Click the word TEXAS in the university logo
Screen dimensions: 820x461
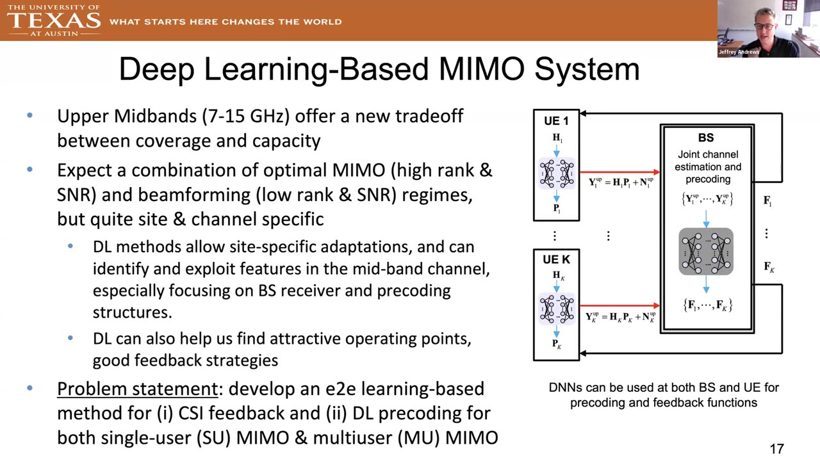(x=53, y=20)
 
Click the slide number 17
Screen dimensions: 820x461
(x=777, y=449)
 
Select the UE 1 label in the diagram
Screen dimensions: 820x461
(x=556, y=121)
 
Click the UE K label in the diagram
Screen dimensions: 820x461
(x=556, y=259)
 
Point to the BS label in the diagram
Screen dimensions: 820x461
(x=706, y=138)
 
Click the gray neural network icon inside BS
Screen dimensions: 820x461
(x=706, y=252)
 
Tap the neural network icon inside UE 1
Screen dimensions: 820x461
(x=557, y=174)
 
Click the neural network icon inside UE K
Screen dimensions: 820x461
(x=557, y=309)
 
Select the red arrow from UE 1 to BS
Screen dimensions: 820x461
(x=619, y=172)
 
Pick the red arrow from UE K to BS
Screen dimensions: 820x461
(x=619, y=305)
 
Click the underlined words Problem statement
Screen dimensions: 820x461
(x=138, y=389)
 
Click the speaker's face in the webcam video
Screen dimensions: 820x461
(x=764, y=25)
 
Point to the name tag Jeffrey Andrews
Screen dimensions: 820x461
(x=739, y=52)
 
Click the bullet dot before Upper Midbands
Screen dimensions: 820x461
(x=29, y=116)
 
